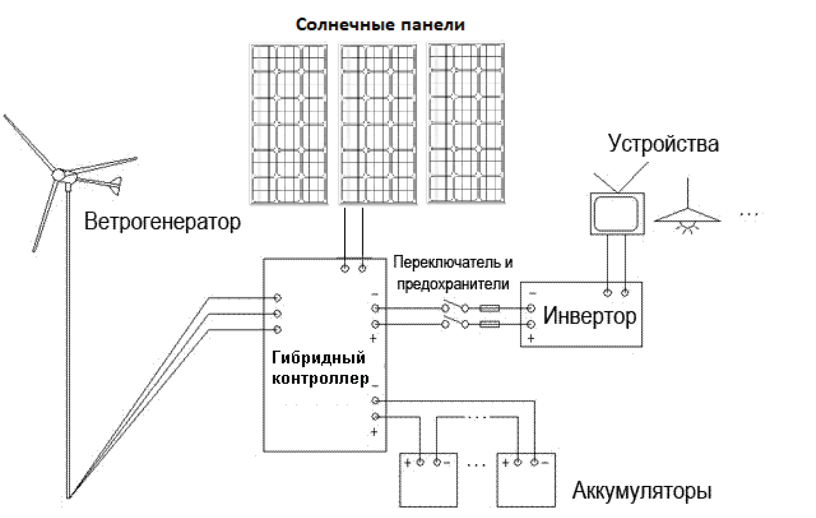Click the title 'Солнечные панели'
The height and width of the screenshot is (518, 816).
tap(380, 24)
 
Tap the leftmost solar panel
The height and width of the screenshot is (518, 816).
tap(289, 124)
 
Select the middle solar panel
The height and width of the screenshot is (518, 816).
tap(378, 124)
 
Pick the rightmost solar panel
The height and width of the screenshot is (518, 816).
tap(466, 123)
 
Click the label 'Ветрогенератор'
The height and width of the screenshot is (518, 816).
tap(162, 222)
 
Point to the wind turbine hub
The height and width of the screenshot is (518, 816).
tap(59, 174)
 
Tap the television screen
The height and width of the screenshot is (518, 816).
tap(616, 214)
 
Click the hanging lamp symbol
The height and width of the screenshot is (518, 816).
tap(687, 218)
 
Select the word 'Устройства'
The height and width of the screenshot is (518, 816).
tap(663, 144)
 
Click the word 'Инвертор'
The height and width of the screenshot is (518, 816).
tap(590, 316)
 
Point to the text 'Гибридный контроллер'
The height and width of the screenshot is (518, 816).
tap(320, 368)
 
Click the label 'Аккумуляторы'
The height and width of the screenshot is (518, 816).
tap(642, 491)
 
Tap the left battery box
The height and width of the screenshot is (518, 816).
tap(428, 480)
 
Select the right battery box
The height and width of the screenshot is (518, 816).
tap(526, 480)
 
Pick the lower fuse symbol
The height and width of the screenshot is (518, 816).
tap(490, 324)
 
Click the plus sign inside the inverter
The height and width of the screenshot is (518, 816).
tap(531, 338)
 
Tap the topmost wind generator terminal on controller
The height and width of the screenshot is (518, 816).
tap(278, 298)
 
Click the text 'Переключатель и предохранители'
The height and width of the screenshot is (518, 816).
tap(453, 273)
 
